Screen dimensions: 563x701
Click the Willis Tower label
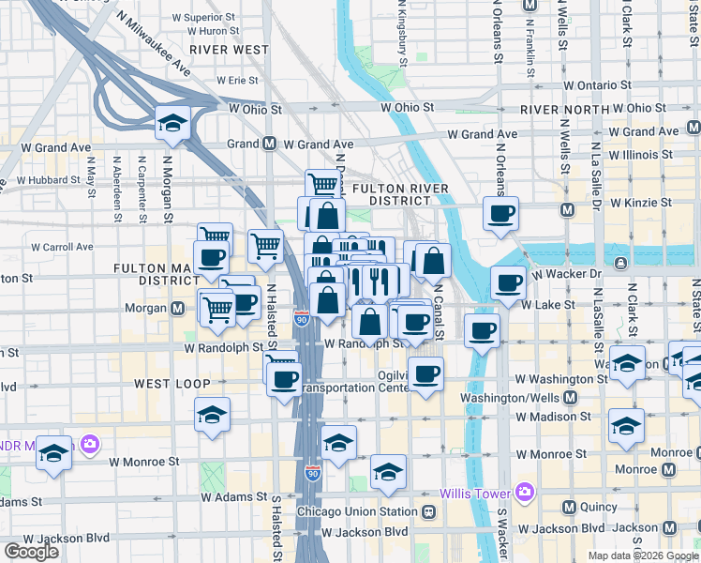(x=476, y=492)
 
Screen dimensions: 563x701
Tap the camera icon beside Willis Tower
(x=523, y=492)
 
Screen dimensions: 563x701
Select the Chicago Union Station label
(x=356, y=511)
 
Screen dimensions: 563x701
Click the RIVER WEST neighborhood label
(x=229, y=49)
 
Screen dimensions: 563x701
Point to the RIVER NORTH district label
(x=559, y=110)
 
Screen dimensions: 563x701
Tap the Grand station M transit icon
(x=269, y=144)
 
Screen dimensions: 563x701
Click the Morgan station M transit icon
(x=177, y=308)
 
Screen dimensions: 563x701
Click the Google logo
(x=31, y=552)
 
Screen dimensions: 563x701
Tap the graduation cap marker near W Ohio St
(x=172, y=123)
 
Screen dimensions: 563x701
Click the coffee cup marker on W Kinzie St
(x=500, y=213)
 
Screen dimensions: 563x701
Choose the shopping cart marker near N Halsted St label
(x=265, y=246)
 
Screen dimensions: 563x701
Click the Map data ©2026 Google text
(x=642, y=555)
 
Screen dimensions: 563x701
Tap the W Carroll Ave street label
(x=62, y=247)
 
